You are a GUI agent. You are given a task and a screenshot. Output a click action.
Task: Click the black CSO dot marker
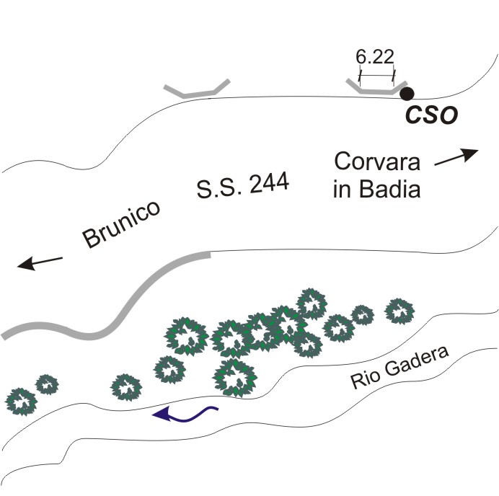[x=407, y=93]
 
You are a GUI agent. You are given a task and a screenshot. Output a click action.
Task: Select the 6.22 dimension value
[x=374, y=56]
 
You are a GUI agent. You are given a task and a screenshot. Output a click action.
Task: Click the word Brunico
[x=120, y=225]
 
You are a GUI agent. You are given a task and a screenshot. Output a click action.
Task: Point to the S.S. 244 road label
[x=242, y=187]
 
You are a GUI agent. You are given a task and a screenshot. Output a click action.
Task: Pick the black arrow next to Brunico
[x=40, y=263]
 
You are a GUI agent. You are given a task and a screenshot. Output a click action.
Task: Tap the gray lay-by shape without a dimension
[x=196, y=89]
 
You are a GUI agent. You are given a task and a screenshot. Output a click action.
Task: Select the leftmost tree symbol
[x=21, y=402]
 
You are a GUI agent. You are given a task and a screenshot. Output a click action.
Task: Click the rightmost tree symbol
[x=399, y=311]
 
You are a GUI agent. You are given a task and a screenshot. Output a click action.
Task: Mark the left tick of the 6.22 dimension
[x=359, y=73]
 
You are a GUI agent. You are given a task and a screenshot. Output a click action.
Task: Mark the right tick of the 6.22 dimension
[x=394, y=73]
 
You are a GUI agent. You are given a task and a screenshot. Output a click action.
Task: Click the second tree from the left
[x=47, y=384]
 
